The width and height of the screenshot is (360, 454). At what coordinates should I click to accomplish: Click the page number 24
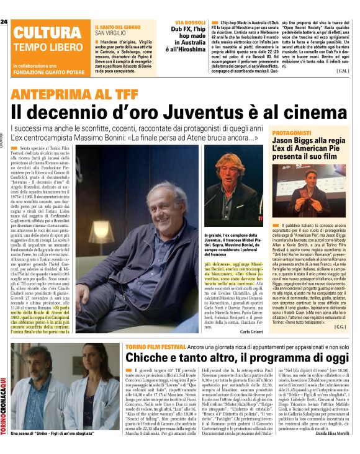point(4,22)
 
